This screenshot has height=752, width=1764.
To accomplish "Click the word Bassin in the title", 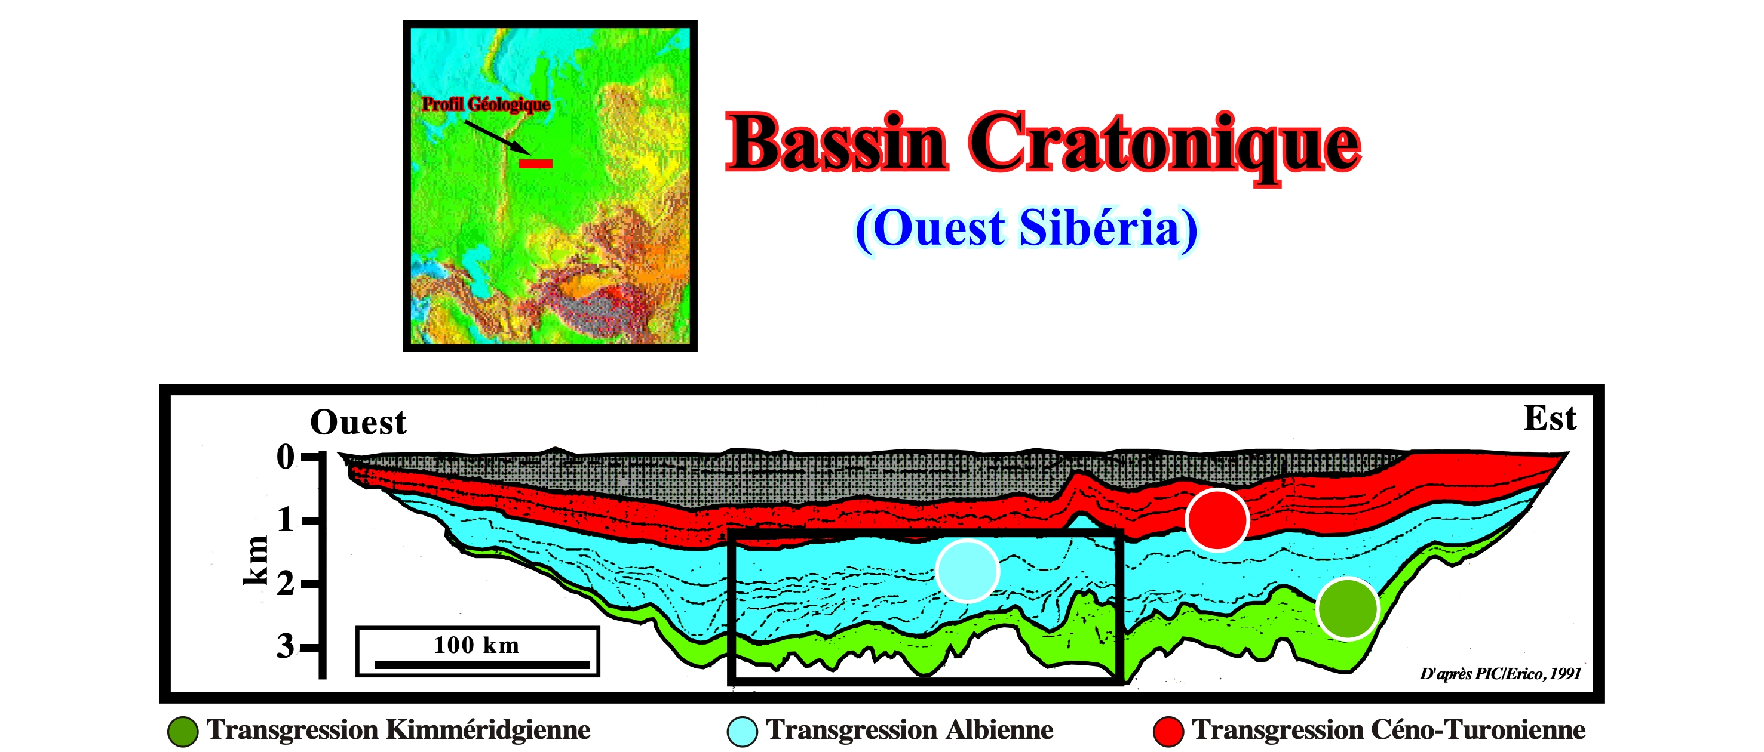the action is (x=837, y=141).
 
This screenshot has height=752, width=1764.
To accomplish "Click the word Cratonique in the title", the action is (x=1165, y=147).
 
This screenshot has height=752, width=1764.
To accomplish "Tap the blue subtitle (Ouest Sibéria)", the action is (x=1026, y=229).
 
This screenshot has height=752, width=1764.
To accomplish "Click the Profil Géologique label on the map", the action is (x=486, y=104).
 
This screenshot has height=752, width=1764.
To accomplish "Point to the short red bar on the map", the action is (x=535, y=163).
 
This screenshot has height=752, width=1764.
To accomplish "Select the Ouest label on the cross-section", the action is (x=358, y=421).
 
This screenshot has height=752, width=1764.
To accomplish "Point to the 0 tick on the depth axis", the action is (x=286, y=457).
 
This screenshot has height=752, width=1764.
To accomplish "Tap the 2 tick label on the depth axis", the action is (x=286, y=584).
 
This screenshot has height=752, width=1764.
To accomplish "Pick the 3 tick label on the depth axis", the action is (x=286, y=646).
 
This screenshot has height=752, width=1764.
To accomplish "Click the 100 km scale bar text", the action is (x=477, y=645).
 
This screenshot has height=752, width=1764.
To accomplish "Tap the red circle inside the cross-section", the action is (x=1217, y=520).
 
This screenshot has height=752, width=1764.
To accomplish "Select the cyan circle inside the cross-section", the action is (x=967, y=571).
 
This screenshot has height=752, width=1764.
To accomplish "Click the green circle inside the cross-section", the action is (x=1347, y=608).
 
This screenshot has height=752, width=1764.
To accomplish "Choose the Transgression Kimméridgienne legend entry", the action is (x=379, y=730).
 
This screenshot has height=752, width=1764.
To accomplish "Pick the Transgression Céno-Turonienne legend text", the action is (x=1389, y=729).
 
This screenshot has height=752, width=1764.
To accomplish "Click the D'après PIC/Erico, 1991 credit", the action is (x=1501, y=674).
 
